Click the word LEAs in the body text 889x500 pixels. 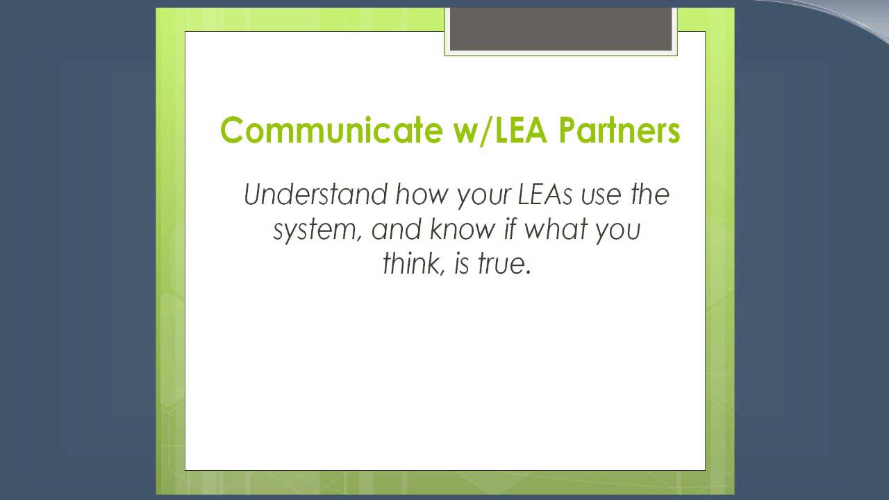[x=545, y=194]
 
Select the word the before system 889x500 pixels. [x=649, y=194]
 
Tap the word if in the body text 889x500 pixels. [x=512, y=229]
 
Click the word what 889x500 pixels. [x=555, y=229]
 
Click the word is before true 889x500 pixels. [x=462, y=265]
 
